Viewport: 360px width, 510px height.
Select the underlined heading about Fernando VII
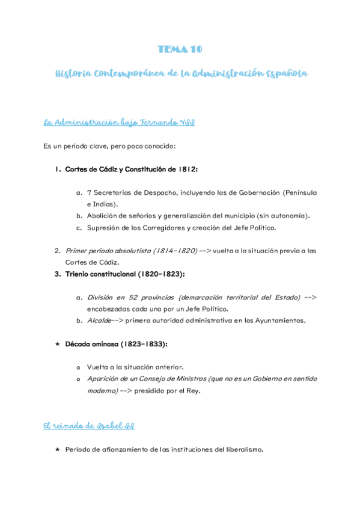[119, 123]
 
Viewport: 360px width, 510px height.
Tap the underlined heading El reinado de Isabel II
[89, 426]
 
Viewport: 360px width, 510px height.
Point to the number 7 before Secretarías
[89, 192]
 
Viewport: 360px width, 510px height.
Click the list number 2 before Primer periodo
[57, 251]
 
